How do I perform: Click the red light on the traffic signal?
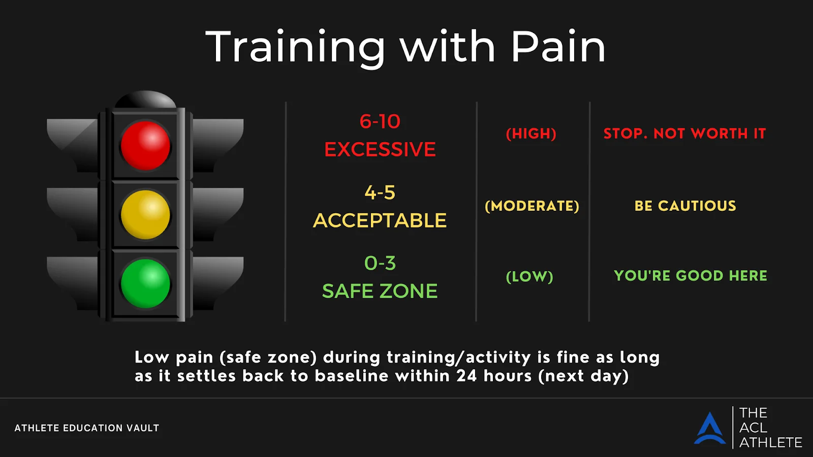tap(145, 145)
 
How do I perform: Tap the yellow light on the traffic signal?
tap(145, 215)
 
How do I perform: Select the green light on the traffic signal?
tap(145, 284)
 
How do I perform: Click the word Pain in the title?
tap(558, 47)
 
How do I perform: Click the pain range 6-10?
tap(380, 121)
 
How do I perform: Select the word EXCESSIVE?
tap(380, 149)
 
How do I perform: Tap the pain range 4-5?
tap(380, 192)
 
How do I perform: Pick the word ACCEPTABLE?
tap(380, 220)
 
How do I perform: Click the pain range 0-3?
tap(380, 263)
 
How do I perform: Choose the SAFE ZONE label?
tap(380, 291)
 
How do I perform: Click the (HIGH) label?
tap(531, 134)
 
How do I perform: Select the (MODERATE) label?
tap(531, 206)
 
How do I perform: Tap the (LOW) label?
tap(529, 277)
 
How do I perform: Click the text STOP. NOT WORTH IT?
tap(684, 134)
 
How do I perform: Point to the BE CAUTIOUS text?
tap(685, 206)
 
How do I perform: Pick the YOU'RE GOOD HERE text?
tap(691, 276)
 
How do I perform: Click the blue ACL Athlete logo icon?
tap(709, 429)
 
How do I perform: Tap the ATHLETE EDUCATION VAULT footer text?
tap(87, 428)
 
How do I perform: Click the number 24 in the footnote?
tap(467, 376)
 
